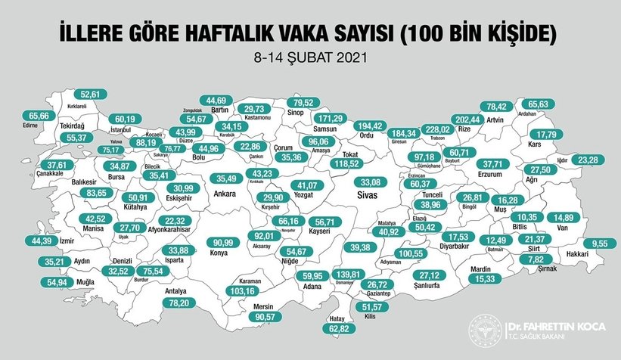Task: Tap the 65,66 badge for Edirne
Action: [36, 116]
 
